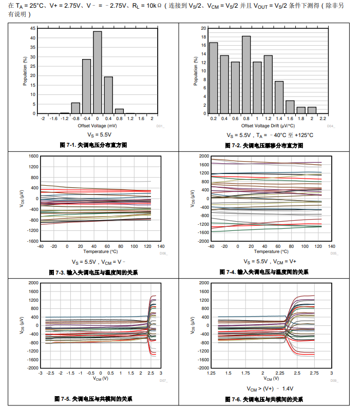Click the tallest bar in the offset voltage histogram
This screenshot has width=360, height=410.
tap(97, 72)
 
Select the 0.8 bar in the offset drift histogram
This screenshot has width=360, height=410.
tap(246, 74)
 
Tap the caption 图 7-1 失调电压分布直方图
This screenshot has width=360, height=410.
tap(93, 145)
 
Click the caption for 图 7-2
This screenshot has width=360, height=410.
tap(264, 146)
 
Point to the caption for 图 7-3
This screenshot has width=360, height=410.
tap(93, 272)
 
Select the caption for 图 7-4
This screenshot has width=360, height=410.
tap(264, 272)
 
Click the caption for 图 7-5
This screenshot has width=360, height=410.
tap(93, 399)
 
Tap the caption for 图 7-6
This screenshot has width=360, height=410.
tap(264, 399)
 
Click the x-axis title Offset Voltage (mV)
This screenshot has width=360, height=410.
tap(97, 126)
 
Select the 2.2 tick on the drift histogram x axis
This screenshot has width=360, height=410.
tap(323, 119)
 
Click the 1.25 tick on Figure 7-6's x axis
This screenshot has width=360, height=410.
tap(211, 373)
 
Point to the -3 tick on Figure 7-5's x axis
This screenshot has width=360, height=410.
tap(41, 373)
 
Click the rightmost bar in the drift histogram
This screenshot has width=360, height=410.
tap(312, 110)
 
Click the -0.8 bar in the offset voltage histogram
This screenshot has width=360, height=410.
tap(75, 108)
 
